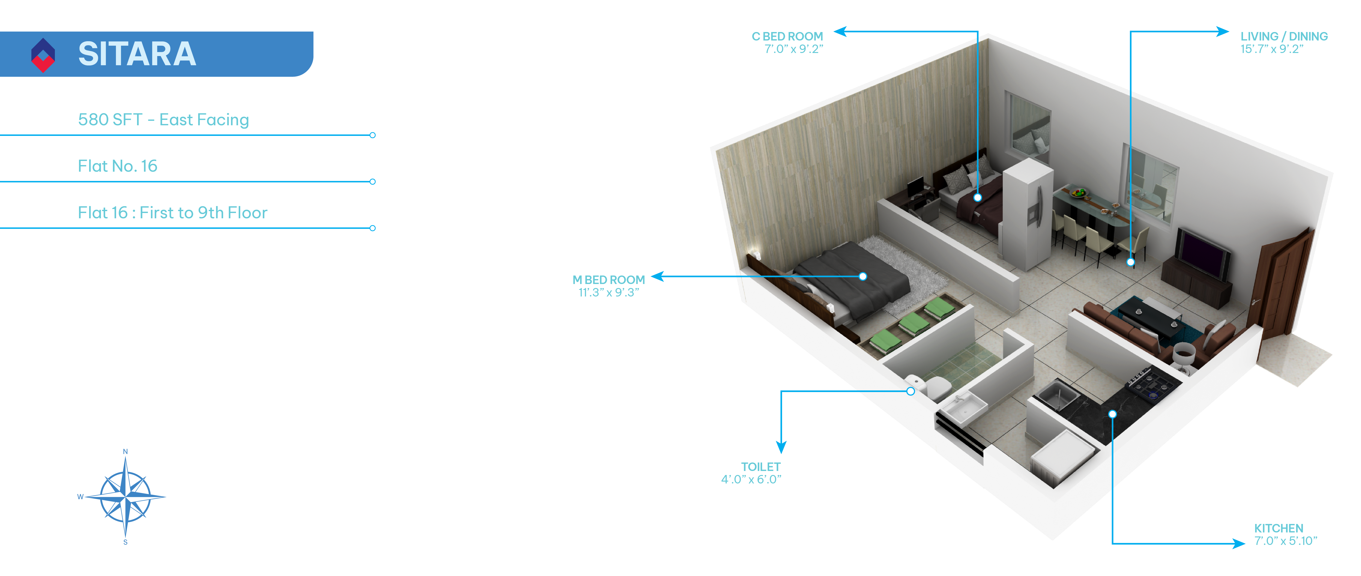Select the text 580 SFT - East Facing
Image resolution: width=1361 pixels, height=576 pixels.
pyautogui.click(x=163, y=120)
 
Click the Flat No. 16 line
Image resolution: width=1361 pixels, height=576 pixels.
pyautogui.click(x=117, y=166)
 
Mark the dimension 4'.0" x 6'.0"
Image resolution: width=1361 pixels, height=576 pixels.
pyautogui.click(x=751, y=479)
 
